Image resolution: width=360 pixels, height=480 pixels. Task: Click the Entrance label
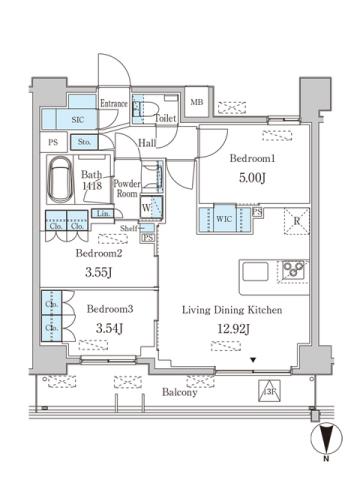113,103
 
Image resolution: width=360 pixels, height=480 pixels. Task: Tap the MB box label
197,102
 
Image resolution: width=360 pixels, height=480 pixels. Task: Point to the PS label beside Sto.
52,143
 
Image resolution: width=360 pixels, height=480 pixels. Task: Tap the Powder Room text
126,189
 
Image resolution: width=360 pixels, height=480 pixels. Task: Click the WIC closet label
225,217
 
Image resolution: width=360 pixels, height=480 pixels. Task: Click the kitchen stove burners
295,271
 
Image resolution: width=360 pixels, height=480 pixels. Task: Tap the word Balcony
180,393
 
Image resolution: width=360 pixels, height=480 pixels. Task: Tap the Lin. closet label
102,214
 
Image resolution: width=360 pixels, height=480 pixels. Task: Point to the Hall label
147,144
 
